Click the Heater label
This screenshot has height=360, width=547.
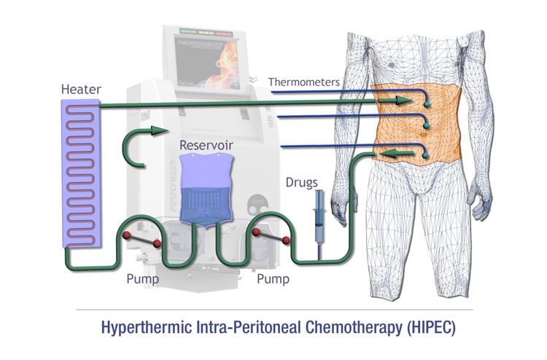81,90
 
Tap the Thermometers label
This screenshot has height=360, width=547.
303,82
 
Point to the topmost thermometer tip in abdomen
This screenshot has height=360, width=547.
425,104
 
